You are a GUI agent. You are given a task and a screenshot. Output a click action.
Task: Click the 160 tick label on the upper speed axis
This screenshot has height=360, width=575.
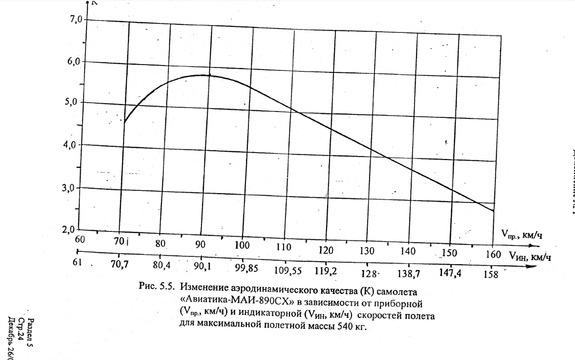coord(493,254)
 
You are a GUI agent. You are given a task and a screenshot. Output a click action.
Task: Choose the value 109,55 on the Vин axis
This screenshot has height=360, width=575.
coord(288,270)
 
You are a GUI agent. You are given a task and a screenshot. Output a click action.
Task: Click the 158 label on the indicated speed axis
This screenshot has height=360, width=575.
coord(490,274)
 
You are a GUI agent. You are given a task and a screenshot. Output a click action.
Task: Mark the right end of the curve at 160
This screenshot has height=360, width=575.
coord(494,211)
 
